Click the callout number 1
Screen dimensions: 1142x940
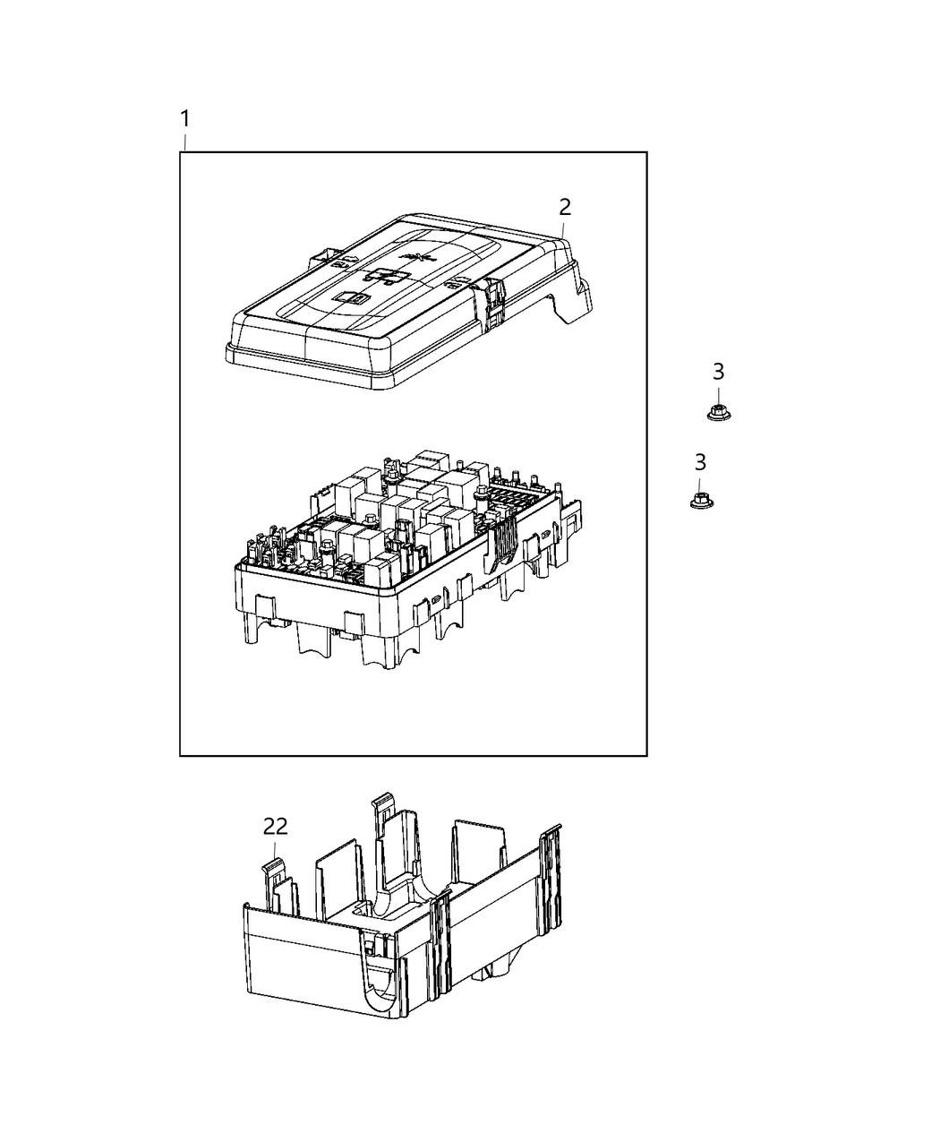184,118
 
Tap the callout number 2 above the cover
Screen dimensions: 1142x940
565,206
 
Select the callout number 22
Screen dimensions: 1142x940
276,825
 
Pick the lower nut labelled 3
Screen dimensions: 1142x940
700,499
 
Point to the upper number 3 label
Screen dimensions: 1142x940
718,372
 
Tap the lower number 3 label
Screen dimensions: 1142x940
700,462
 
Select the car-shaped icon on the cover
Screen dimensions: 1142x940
388,275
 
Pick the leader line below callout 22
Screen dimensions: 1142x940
276,849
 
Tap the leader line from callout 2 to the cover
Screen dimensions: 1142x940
563,228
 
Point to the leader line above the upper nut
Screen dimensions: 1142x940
718,394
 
